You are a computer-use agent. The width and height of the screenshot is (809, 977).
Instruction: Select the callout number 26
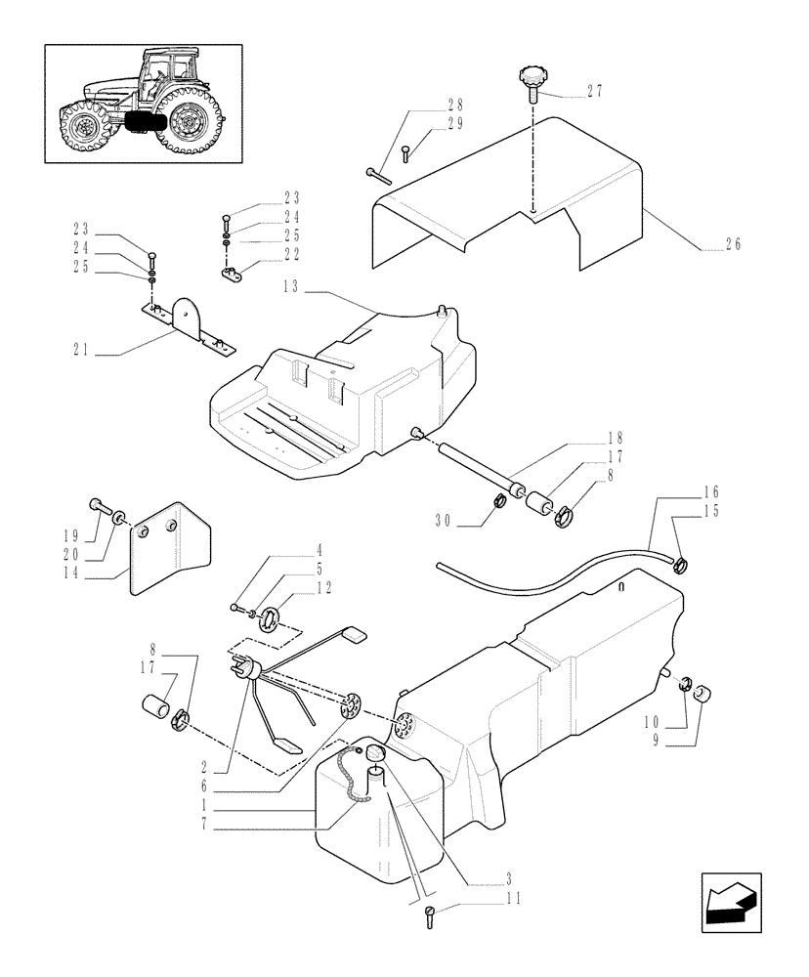731,244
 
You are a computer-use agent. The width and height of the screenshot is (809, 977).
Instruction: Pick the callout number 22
266,254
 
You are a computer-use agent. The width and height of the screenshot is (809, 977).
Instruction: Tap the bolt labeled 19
99,506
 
